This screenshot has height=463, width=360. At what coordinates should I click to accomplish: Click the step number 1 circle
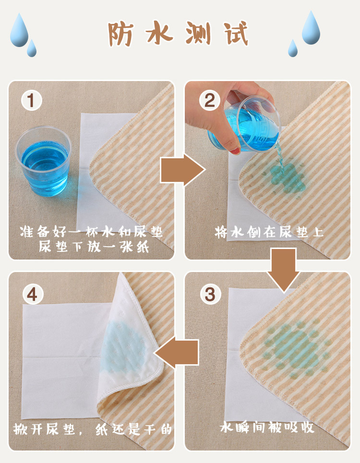pyautogui.click(x=31, y=100)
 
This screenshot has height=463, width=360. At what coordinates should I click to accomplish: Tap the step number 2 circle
pyautogui.click(x=210, y=100)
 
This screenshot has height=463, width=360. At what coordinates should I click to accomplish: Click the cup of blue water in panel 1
pyautogui.click(x=43, y=161)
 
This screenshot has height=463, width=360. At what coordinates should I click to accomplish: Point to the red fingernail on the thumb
pyautogui.click(x=235, y=151)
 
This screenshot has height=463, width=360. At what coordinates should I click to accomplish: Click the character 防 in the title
pyautogui.click(x=120, y=34)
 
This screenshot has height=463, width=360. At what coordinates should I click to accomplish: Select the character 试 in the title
pyautogui.click(x=236, y=34)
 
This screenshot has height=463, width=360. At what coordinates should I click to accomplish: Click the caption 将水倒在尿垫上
pyautogui.click(x=269, y=232)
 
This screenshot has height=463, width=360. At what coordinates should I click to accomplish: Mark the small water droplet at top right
pyautogui.click(x=293, y=48)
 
